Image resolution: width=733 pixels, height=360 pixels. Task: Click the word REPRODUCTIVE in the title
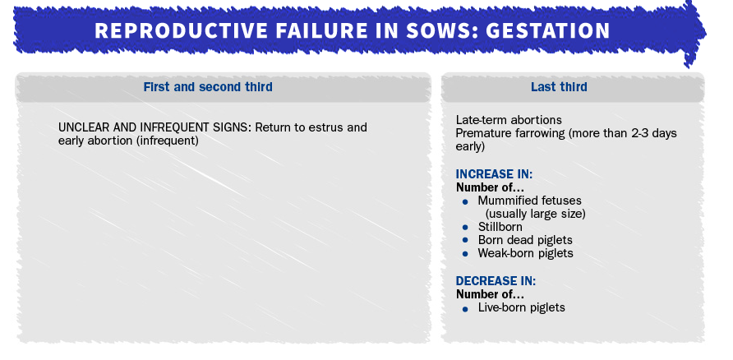[181, 31]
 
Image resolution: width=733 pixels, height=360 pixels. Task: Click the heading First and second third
[208, 87]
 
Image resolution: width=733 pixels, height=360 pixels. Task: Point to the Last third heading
[559, 87]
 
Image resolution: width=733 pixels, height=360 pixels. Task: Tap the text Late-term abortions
[509, 120]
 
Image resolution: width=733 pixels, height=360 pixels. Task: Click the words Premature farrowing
[510, 134]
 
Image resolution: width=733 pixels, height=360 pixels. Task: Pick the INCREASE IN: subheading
[494, 174]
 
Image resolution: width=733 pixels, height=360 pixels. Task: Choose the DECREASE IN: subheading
[496, 281]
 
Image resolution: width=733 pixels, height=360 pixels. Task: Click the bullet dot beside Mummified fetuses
[464, 202]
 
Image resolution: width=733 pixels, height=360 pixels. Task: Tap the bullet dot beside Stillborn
[464, 228]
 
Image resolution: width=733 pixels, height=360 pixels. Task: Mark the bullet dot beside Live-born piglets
[464, 309]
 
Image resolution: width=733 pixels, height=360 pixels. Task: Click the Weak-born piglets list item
[525, 253]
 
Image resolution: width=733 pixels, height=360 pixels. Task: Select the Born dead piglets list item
[525, 240]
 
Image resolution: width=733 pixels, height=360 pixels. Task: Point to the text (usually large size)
[535, 215]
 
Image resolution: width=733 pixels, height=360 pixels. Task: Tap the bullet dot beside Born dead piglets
[464, 240]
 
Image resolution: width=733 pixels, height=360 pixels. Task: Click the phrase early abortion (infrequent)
[128, 141]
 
